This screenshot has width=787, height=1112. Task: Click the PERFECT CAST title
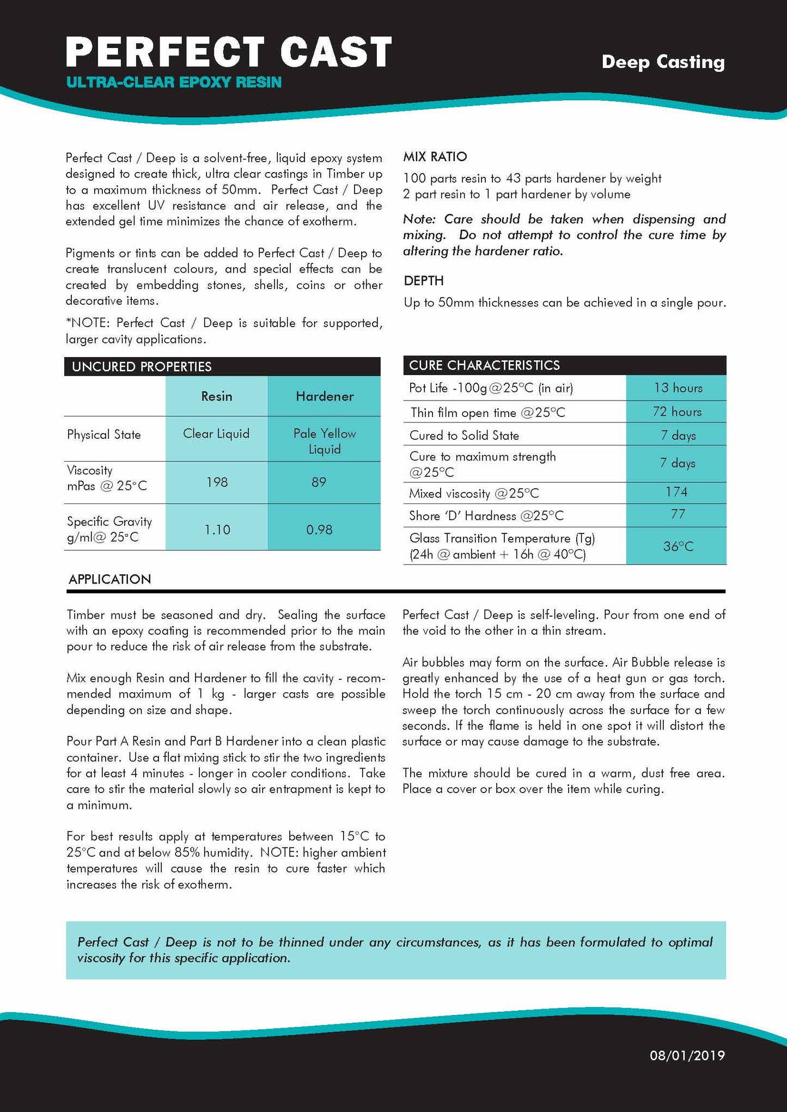pos(229,52)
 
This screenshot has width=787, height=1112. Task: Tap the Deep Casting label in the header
pos(663,62)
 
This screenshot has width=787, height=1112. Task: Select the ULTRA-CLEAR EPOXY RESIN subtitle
pos(174,83)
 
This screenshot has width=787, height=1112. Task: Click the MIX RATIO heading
pos(435,157)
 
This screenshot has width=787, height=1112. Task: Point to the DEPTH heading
pos(424,281)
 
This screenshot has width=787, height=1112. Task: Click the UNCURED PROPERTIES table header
pos(142,366)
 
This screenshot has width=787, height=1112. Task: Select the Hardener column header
pos(325,396)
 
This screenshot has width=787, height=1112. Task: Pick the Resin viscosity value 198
pos(217,482)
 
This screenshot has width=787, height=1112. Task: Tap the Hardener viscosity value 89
pos(319,482)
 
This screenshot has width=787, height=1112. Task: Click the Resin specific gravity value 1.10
pos(217,530)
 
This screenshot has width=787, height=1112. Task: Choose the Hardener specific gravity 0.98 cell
pos(319,530)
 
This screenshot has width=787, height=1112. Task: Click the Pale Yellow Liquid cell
pos(325,441)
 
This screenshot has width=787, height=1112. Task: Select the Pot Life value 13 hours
pos(678,388)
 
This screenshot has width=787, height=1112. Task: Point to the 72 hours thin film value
pos(677,412)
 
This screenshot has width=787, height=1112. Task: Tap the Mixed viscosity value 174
pos(676,492)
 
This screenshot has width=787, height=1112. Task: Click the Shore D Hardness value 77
pos(678,514)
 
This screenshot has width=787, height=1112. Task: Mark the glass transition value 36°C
pos(678,546)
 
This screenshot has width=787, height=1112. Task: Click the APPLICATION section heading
pos(109,579)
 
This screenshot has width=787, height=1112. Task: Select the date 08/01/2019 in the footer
pos(687,1055)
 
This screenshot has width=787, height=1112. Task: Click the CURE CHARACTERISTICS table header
pos(484,365)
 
